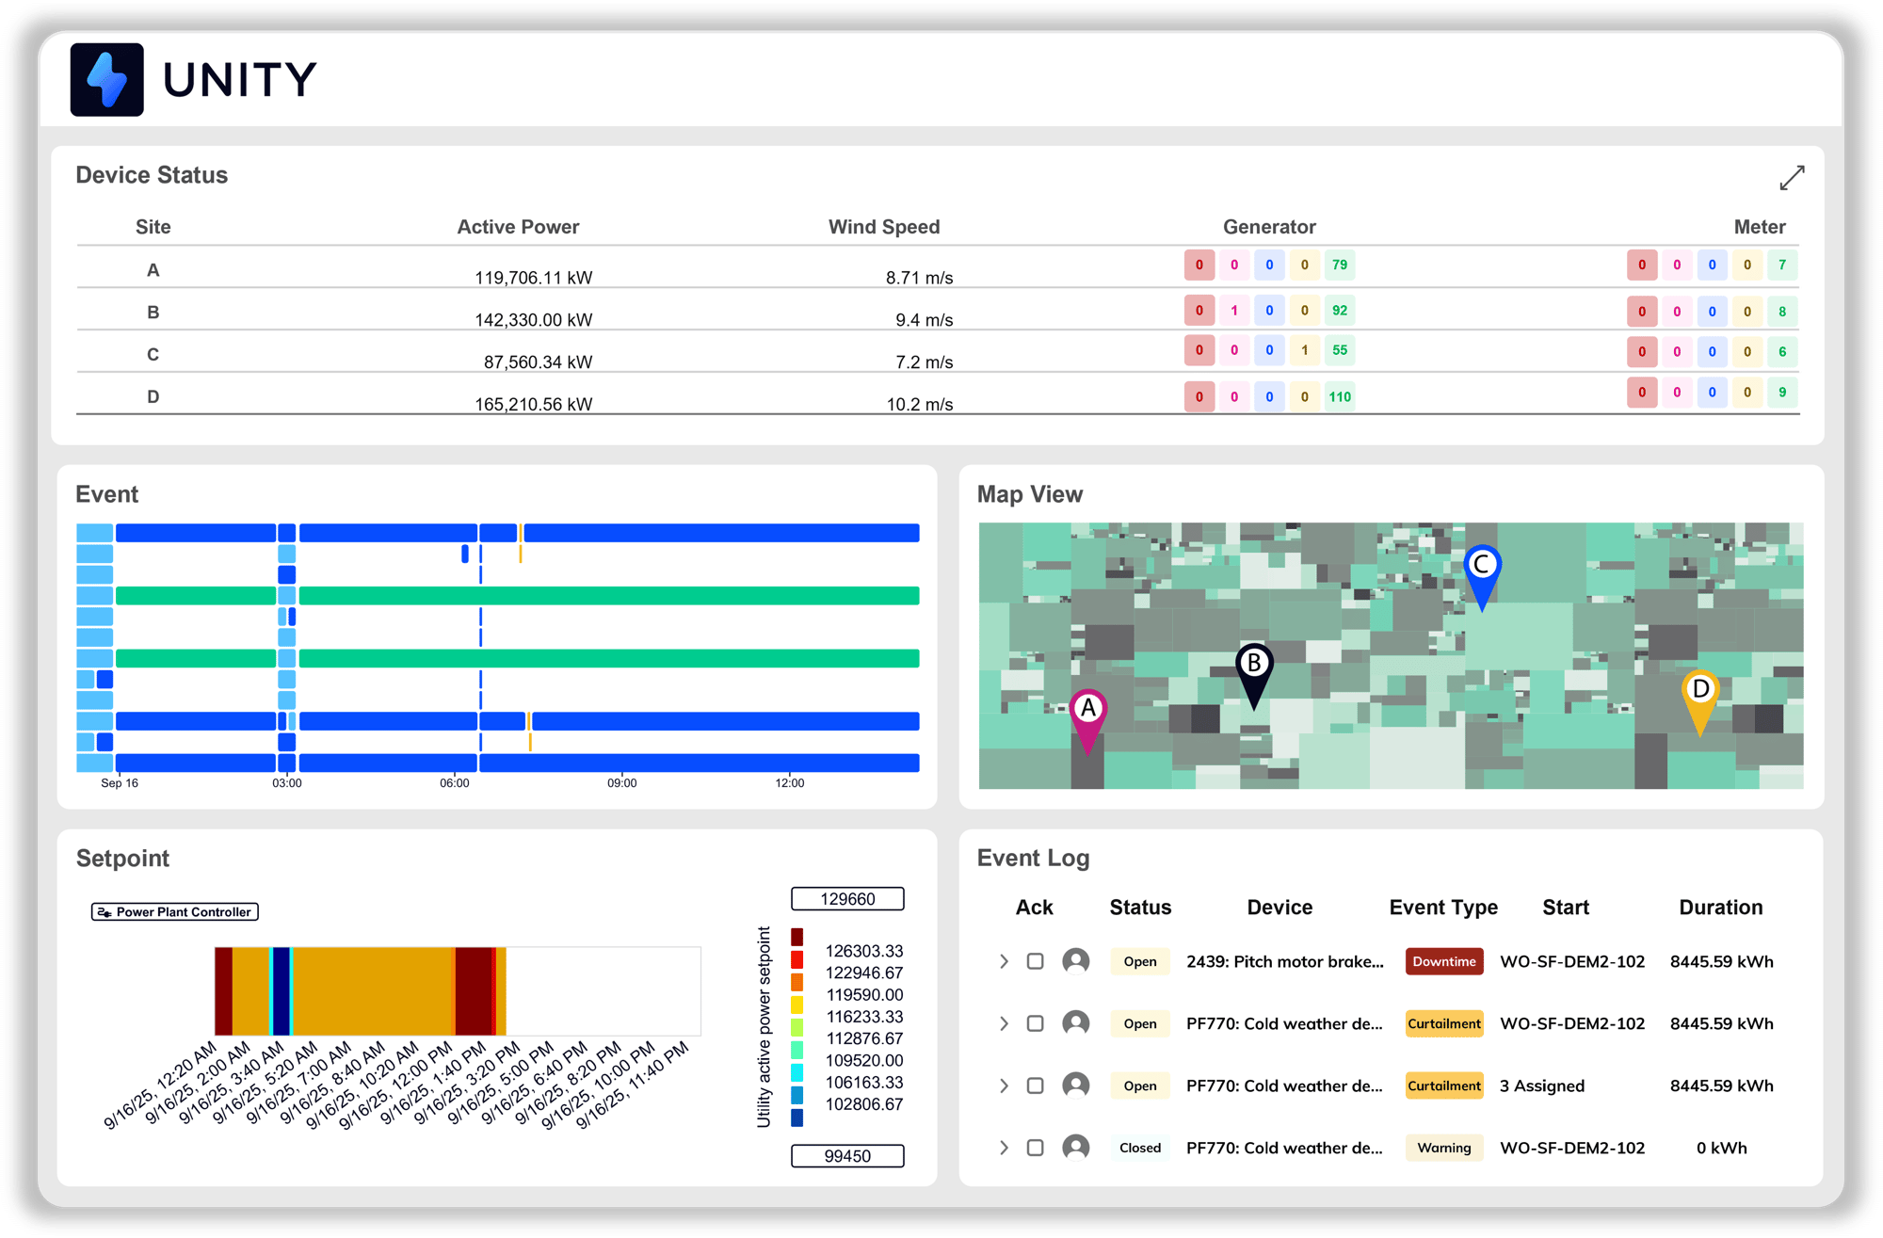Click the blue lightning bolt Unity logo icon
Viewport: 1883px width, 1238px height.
click(x=106, y=80)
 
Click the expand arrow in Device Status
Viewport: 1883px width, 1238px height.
click(x=1792, y=177)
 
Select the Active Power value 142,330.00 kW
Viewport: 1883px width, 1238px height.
click(x=533, y=320)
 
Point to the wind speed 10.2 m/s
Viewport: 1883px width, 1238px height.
click(x=919, y=405)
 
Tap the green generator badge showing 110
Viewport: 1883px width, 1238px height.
click(x=1339, y=397)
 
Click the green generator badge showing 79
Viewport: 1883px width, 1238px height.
click(x=1339, y=265)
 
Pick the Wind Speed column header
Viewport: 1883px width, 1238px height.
click(x=883, y=227)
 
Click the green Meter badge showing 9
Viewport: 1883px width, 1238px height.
click(x=1781, y=393)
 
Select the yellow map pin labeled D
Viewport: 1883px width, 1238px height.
click(x=1700, y=693)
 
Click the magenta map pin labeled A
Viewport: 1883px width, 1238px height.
click(x=1087, y=712)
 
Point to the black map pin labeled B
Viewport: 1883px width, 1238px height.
click(x=1253, y=667)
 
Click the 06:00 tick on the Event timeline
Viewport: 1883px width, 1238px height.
click(x=455, y=783)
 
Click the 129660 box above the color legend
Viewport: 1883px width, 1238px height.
click(x=847, y=899)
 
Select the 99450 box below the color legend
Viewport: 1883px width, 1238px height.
click(x=847, y=1156)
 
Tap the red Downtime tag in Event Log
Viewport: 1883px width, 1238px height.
click(x=1443, y=961)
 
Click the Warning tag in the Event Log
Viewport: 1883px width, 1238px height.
click(x=1443, y=1148)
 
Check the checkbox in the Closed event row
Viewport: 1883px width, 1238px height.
click(x=1035, y=1148)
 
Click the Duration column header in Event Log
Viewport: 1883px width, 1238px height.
click(x=1720, y=908)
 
